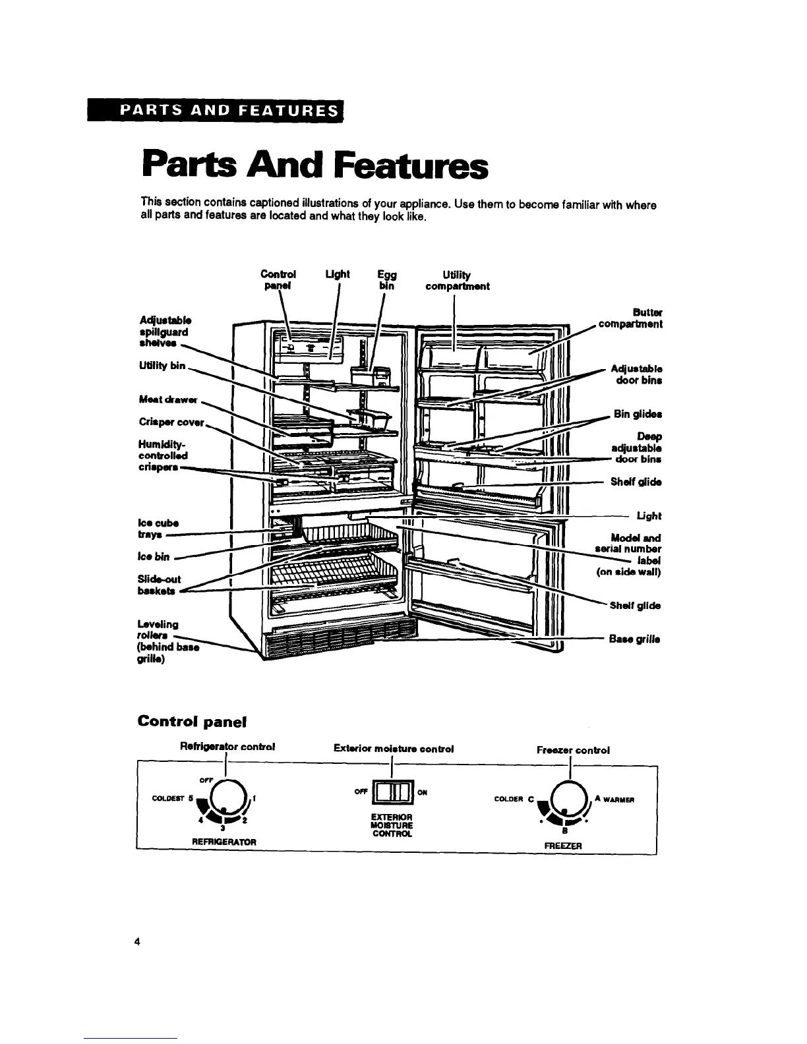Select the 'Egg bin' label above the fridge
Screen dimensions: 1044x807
(386, 280)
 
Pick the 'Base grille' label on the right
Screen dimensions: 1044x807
(635, 639)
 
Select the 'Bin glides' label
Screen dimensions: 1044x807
(638, 414)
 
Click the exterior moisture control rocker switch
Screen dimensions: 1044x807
(392, 793)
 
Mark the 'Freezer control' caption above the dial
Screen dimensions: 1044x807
(572, 749)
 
